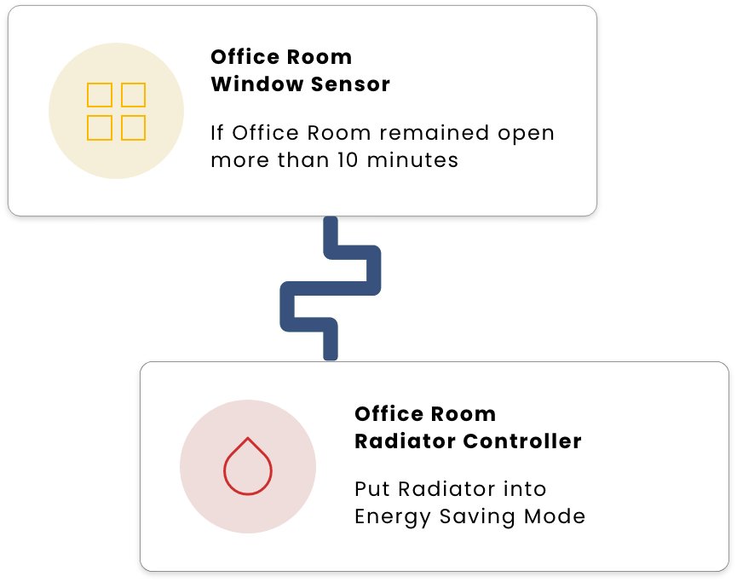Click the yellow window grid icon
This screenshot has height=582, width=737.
[x=116, y=112]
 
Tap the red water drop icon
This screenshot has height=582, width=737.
[x=248, y=466]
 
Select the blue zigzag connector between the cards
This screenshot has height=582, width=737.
[x=331, y=289]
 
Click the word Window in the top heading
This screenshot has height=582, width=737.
[x=256, y=84]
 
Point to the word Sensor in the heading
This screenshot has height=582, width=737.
[x=350, y=84]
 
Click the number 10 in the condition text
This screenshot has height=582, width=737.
[x=348, y=160]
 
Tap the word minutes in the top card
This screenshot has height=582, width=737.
[x=412, y=160]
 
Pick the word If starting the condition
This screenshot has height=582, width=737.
[x=216, y=133]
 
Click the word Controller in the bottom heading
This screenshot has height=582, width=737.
[x=522, y=441]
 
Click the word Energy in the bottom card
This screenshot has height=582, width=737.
[x=392, y=517]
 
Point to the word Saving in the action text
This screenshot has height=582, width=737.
[x=477, y=517]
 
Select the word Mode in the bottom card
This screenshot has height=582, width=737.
[x=555, y=516]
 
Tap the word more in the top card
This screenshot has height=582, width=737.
[x=239, y=161]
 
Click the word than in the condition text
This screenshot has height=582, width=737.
[x=302, y=160]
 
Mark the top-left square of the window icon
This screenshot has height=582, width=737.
[x=100, y=95]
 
